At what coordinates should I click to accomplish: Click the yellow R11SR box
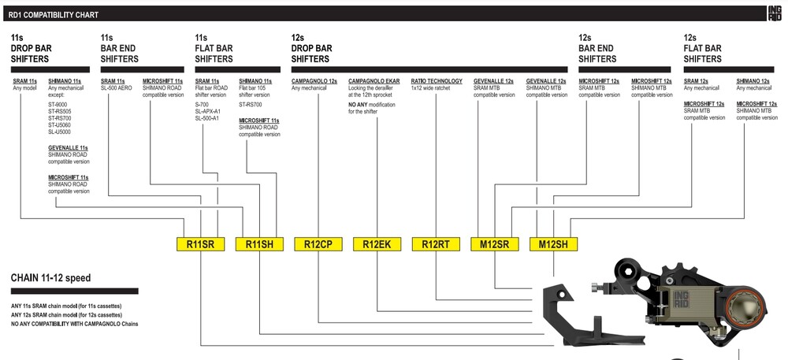pyautogui.click(x=200, y=244)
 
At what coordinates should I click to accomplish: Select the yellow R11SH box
pyautogui.click(x=259, y=244)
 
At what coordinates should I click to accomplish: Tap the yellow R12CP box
pyautogui.click(x=318, y=244)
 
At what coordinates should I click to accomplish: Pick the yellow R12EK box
pyautogui.click(x=377, y=244)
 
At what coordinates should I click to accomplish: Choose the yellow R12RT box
pyautogui.click(x=436, y=244)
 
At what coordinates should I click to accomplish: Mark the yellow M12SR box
pyautogui.click(x=494, y=244)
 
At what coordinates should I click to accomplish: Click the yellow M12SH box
pyautogui.click(x=553, y=244)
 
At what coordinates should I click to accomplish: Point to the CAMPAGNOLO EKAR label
pyautogui.click(x=374, y=81)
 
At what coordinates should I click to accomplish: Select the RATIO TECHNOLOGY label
pyautogui.click(x=437, y=81)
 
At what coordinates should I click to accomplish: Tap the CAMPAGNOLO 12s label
pyautogui.click(x=314, y=81)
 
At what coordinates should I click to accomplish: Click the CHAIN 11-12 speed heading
pyautogui.click(x=50, y=278)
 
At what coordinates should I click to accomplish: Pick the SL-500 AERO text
pyautogui.click(x=118, y=88)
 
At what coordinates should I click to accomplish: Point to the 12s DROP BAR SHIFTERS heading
pyautogui.click(x=312, y=48)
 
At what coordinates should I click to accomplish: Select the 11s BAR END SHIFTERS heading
pyautogui.click(x=120, y=48)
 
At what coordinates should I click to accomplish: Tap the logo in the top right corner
pyautogui.click(x=775, y=13)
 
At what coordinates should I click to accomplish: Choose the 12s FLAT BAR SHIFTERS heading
pyautogui.click(x=703, y=48)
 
